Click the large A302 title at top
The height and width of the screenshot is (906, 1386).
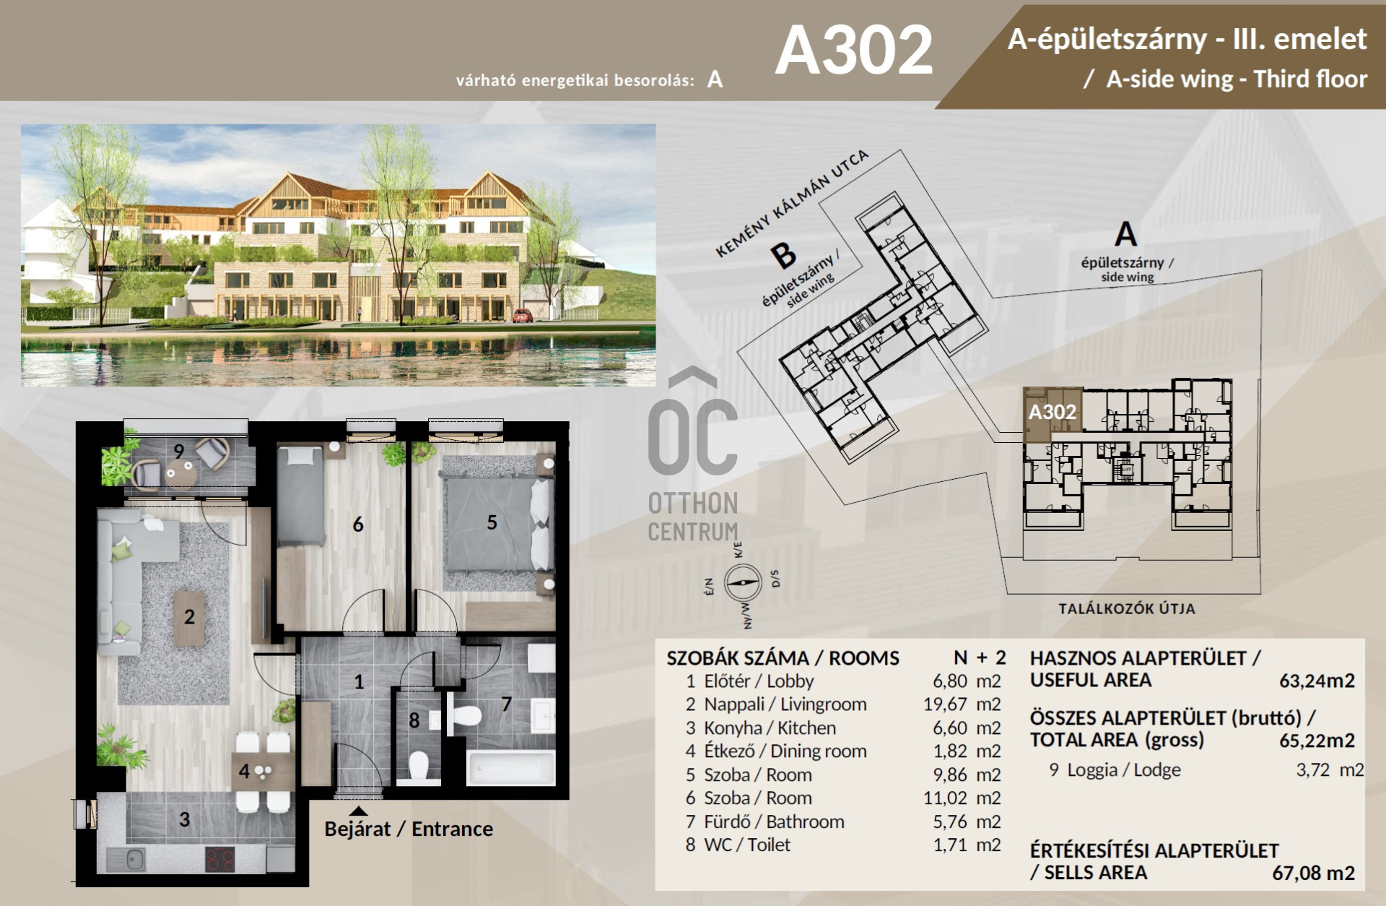coord(854,50)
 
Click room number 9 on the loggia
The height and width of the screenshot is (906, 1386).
coord(179,451)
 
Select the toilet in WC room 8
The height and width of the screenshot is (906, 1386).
coord(419,766)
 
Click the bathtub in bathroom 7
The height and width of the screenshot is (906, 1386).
coord(511,768)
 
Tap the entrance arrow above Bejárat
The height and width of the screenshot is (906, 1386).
coord(358,811)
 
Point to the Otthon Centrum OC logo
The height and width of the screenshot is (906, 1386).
coord(692,455)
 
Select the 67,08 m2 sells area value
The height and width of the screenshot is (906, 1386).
coord(1313,873)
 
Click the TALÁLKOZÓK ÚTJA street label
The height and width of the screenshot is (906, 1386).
coord(1127,609)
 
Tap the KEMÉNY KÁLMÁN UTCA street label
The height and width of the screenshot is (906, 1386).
coord(792,203)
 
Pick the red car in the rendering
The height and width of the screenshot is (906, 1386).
coord(523,315)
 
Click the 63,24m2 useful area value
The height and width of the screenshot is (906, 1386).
coord(1317,681)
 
